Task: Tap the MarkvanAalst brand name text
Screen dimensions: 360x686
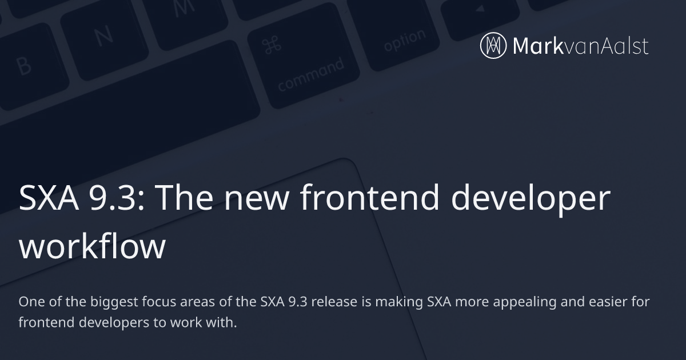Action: [x=581, y=46]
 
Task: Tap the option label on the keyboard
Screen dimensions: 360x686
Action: [x=405, y=40]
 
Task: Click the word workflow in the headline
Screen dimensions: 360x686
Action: [x=92, y=247]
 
